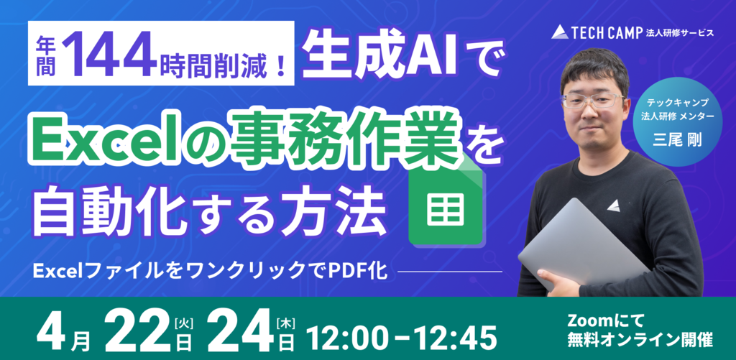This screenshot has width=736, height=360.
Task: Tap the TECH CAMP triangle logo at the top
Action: point(559,32)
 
